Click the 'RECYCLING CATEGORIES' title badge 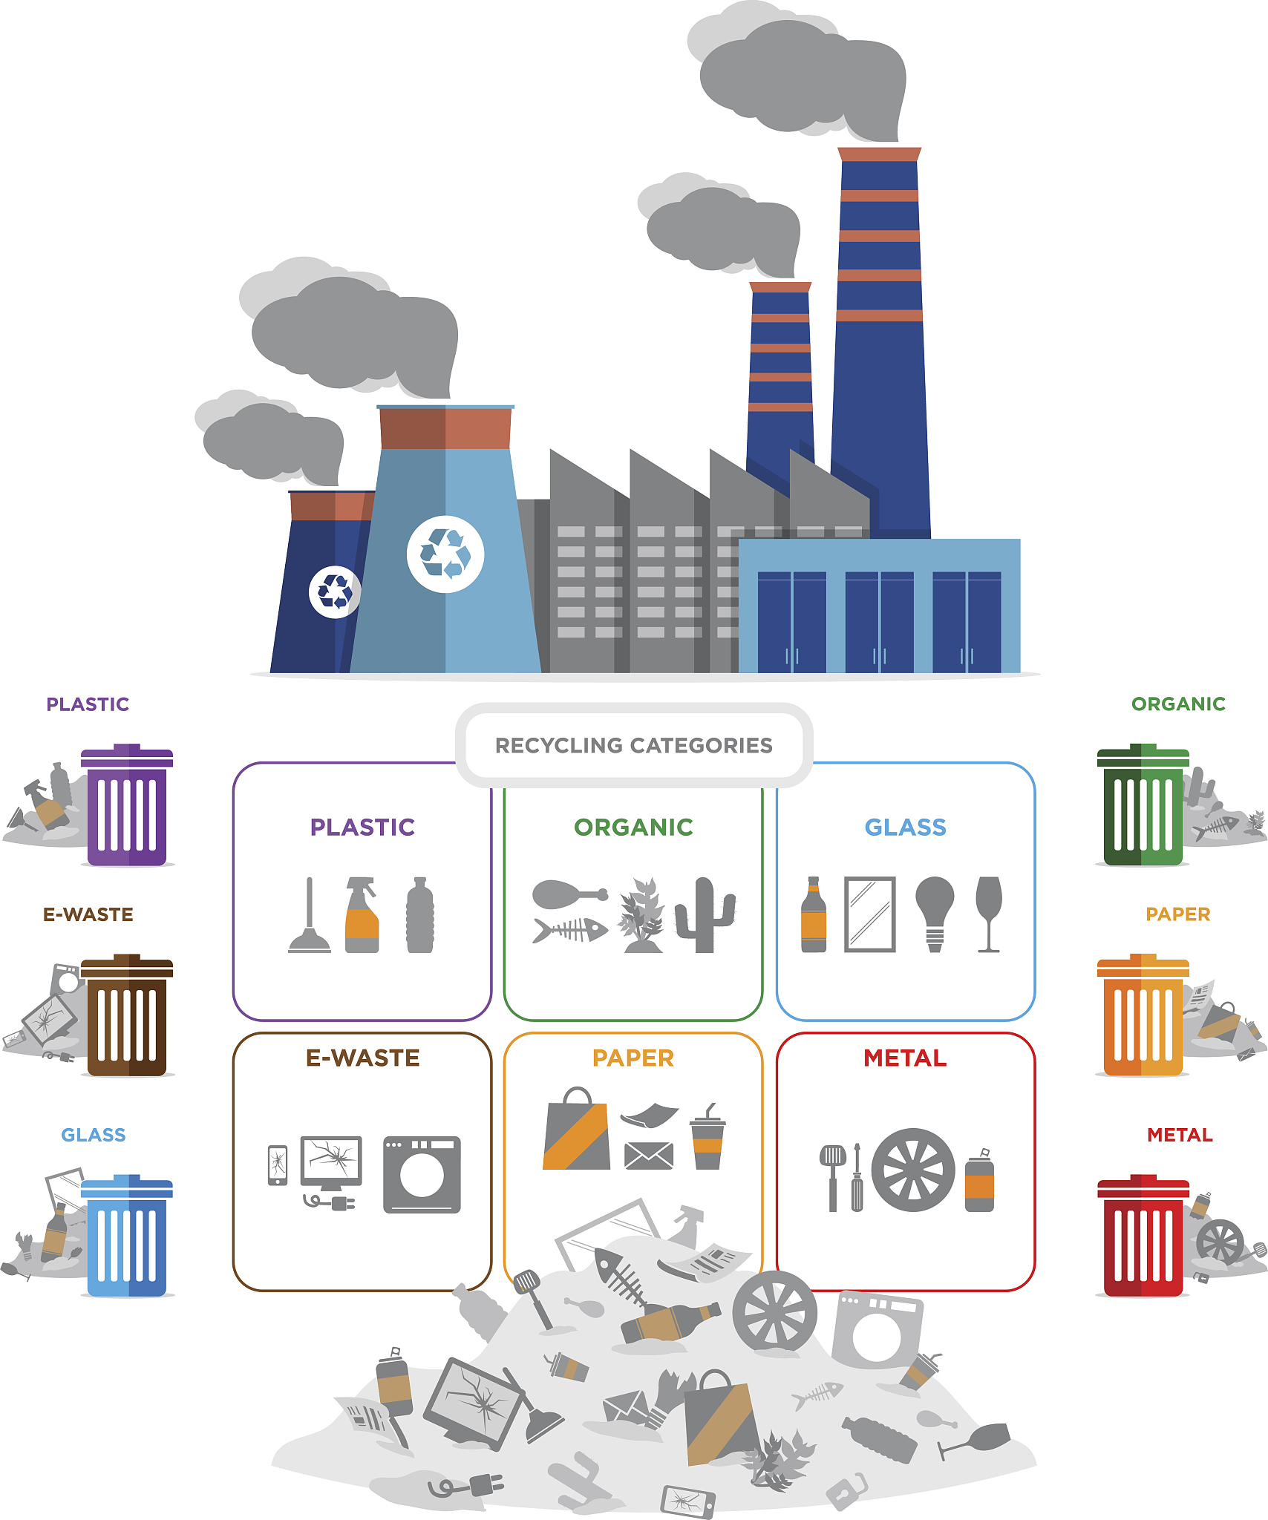point(634,745)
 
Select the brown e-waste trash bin point(127,1015)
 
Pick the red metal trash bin point(1143,1236)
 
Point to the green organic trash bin point(1143,805)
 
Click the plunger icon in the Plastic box point(310,915)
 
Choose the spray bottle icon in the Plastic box point(362,915)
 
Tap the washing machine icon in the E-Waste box point(422,1175)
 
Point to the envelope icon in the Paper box point(649,1156)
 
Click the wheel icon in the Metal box point(913,1170)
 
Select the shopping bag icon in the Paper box point(577,1130)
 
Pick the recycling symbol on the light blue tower point(445,554)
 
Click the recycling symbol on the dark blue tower point(335,592)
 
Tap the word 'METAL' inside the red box point(906,1058)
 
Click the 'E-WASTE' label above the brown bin point(88,914)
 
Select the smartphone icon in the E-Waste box point(278,1165)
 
